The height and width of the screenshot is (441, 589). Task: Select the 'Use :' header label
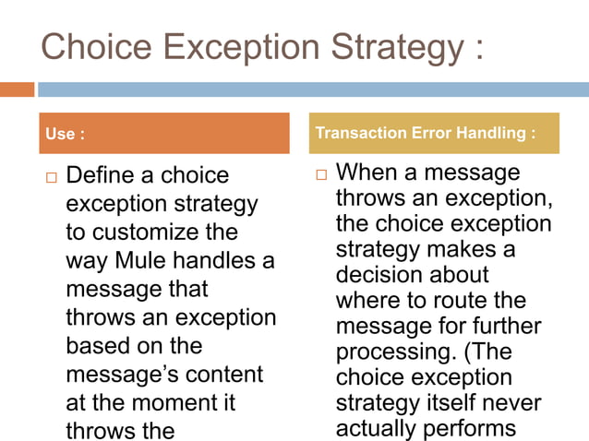tap(65, 135)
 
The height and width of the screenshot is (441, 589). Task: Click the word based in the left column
tap(99, 347)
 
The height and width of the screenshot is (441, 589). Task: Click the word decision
tap(382, 275)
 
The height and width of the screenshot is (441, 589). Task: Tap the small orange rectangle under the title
tap(17, 89)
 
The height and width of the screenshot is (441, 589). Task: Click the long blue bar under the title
tap(313, 89)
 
